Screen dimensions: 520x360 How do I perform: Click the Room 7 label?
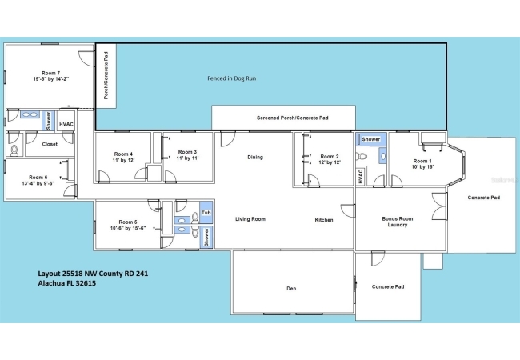point(50,73)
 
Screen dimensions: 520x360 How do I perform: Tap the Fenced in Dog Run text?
point(231,78)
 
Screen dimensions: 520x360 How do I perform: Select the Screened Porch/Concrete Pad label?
point(293,118)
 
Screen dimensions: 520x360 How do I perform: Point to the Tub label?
point(206,213)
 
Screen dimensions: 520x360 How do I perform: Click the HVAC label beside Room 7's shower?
point(66,124)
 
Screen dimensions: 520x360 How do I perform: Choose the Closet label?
point(50,144)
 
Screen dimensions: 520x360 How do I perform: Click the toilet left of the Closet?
point(14,151)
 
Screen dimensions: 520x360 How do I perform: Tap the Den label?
point(291,288)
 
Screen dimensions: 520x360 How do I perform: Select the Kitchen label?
point(324,220)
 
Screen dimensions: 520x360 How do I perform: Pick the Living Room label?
point(250,218)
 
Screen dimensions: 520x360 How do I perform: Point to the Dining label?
point(255,157)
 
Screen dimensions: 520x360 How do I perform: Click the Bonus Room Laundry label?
point(398,222)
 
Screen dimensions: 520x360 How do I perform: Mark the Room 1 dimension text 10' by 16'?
point(422,167)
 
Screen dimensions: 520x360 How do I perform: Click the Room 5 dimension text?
point(128,228)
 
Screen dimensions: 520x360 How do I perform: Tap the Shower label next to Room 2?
point(370,139)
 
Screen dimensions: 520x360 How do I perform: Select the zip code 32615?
point(86,283)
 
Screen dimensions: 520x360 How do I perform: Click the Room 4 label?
point(123,154)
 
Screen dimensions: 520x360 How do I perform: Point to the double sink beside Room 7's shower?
point(30,114)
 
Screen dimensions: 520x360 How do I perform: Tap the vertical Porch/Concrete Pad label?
point(106,75)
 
